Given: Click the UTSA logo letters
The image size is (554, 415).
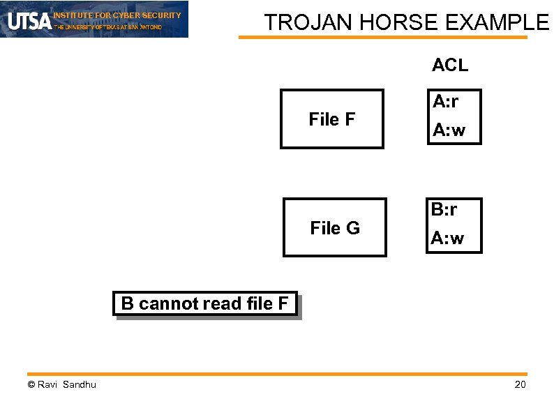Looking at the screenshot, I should (x=29, y=21).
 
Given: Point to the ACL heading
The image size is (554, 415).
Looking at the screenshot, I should (x=450, y=66).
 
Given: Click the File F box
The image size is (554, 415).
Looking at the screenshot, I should (x=331, y=119).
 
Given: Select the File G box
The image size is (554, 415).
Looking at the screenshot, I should (x=334, y=228).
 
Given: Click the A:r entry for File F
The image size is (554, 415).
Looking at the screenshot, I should (x=445, y=102).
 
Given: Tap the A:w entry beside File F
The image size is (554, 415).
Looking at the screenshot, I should (x=449, y=130).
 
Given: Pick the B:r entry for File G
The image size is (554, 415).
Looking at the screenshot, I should (x=444, y=209).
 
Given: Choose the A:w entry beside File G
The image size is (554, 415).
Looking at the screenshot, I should (x=447, y=239).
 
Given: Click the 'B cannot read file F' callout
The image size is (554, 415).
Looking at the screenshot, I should (x=205, y=304).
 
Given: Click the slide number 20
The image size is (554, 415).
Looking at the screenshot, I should (x=520, y=385).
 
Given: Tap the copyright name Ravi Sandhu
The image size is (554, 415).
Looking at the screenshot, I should (x=62, y=385).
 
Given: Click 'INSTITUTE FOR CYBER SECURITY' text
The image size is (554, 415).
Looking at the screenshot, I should (x=117, y=15).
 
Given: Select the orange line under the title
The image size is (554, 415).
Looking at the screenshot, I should (x=383, y=38).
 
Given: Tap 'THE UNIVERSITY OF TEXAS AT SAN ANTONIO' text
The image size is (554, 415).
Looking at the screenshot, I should (x=107, y=27).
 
